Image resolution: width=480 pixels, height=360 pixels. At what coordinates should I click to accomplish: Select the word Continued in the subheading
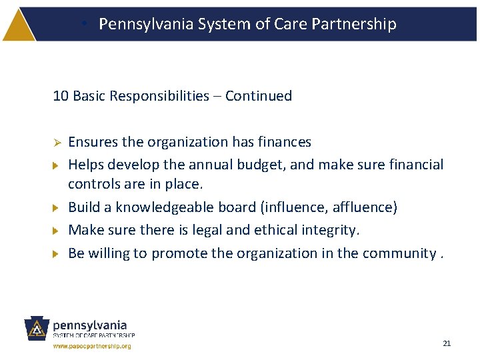(259, 96)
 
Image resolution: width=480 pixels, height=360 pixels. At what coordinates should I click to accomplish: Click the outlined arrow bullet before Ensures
(57, 143)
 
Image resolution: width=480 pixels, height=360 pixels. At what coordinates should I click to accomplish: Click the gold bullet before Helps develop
(57, 165)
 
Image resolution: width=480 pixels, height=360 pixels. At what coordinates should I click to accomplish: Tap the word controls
(94, 184)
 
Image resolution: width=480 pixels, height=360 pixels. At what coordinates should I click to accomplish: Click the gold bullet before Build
(57, 207)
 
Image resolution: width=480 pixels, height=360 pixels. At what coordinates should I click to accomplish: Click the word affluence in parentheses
(363, 207)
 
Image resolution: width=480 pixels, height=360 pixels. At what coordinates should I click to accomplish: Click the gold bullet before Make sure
(57, 231)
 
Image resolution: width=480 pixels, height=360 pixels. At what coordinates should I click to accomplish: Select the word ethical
(282, 230)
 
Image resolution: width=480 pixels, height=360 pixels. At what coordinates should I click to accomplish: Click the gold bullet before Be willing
(57, 254)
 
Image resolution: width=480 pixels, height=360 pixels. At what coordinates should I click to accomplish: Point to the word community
(399, 253)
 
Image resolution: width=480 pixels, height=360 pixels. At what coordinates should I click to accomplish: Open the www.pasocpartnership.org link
(92, 347)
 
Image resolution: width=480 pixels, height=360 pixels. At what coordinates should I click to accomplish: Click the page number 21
(447, 343)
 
